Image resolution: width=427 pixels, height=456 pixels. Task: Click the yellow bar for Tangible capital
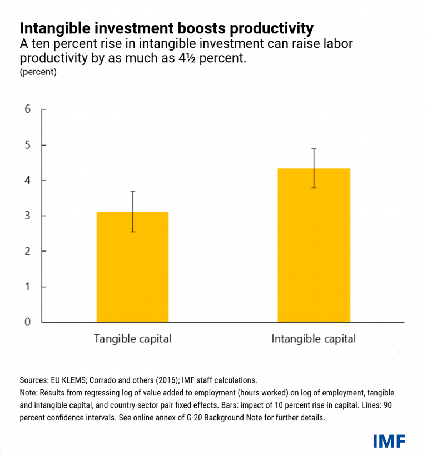[x=132, y=267]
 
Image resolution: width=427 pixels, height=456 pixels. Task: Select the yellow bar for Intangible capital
[x=314, y=245]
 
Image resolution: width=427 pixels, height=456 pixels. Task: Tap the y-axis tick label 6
[x=27, y=109]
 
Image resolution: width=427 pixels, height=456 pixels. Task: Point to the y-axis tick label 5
[x=27, y=145]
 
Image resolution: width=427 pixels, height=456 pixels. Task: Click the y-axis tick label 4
[x=27, y=181]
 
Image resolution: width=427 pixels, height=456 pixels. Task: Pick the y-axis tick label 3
[x=27, y=216]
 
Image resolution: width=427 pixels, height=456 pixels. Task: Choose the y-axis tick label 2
[x=27, y=251]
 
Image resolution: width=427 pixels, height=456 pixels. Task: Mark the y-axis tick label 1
[x=27, y=287]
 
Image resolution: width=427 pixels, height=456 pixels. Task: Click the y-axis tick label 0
[x=27, y=322]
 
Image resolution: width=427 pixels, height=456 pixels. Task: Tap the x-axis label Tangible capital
[x=132, y=339]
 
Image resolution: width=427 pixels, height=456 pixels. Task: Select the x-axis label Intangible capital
[x=314, y=339]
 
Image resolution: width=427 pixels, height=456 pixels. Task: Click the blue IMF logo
[x=389, y=441]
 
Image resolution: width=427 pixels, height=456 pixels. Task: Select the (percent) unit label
[x=38, y=72]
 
